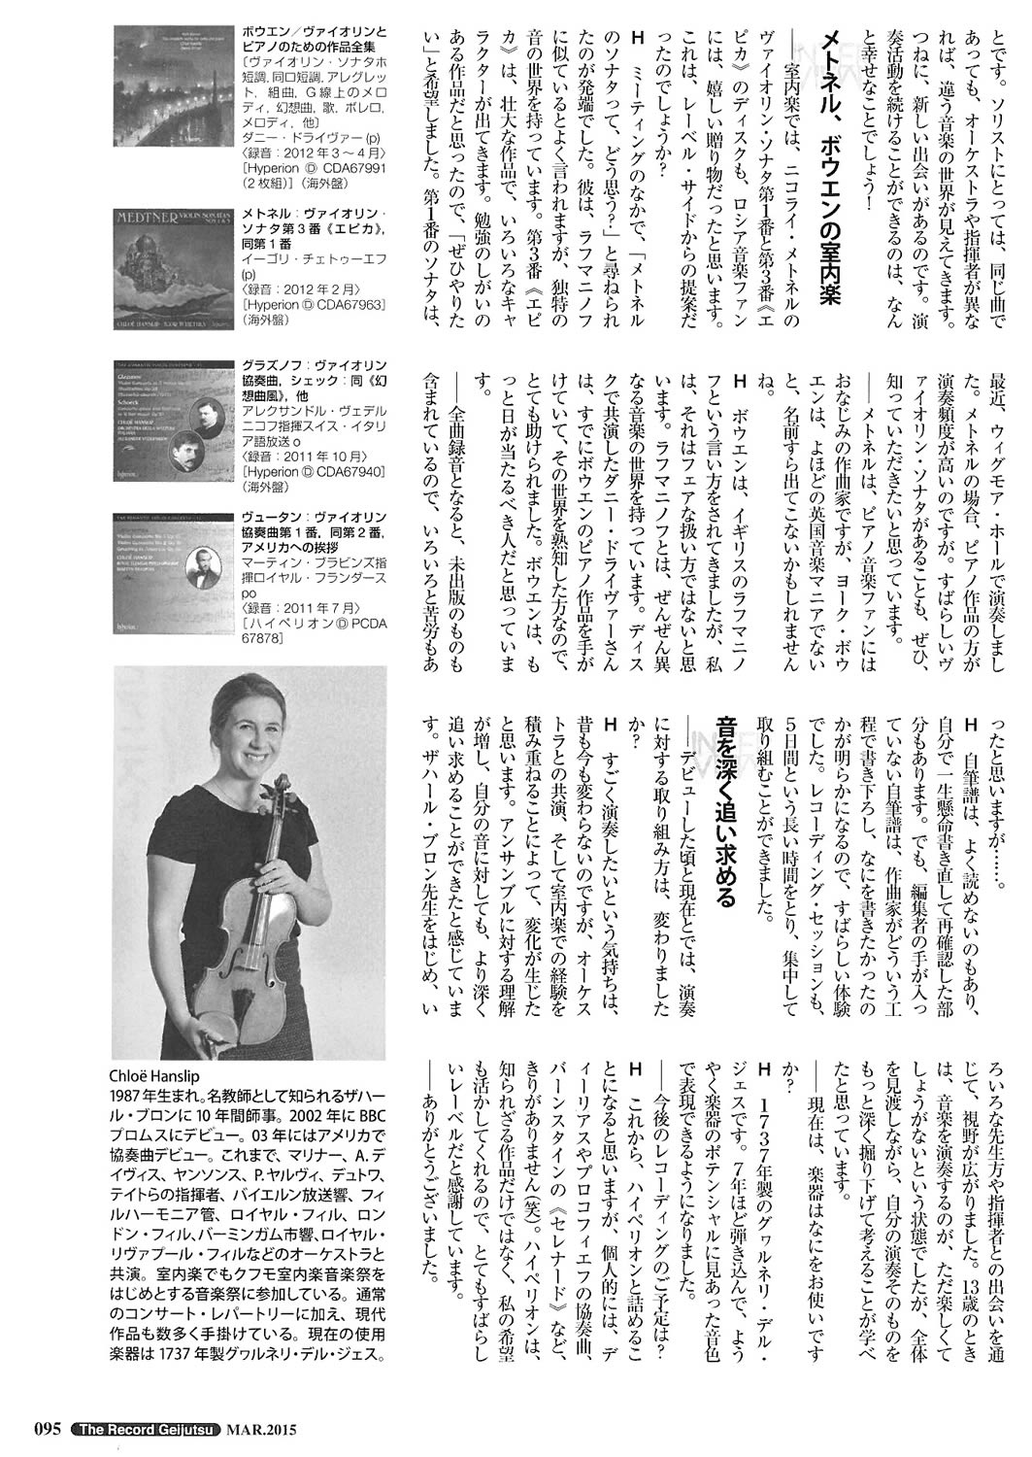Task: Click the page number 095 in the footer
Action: click(x=50, y=1428)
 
